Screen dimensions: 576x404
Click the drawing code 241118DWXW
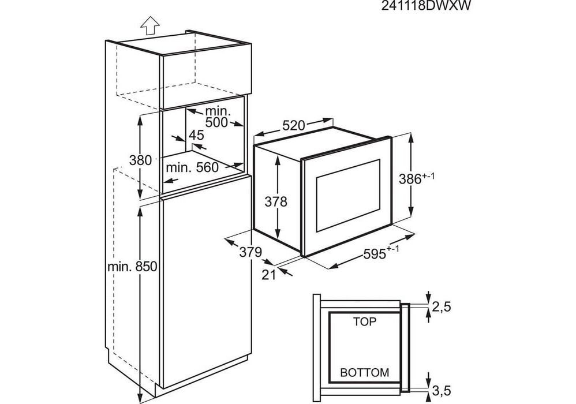point(426,6)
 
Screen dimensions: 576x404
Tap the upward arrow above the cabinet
point(150,26)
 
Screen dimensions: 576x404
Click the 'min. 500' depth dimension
point(217,117)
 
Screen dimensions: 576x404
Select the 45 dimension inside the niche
point(196,135)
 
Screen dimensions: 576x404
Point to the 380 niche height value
point(140,160)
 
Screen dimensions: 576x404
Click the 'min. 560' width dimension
point(192,168)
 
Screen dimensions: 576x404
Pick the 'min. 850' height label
point(132,266)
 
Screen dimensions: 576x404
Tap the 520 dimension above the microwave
point(294,126)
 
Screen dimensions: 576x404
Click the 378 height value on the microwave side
point(276,201)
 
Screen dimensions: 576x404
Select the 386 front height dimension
point(417,178)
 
